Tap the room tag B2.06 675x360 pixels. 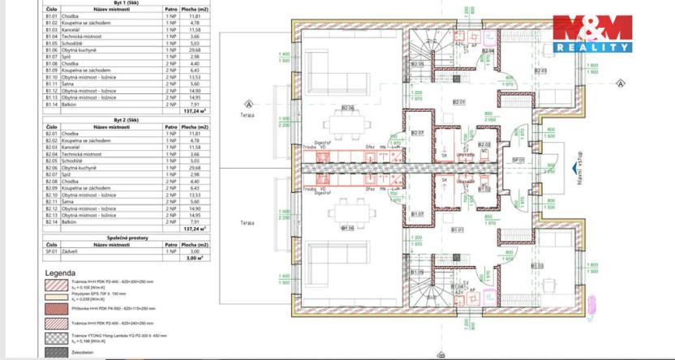348,108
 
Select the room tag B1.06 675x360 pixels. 348,228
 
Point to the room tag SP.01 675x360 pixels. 516,161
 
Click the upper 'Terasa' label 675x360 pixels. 247,115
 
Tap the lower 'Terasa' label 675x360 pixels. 247,221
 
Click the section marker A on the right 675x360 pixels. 621,83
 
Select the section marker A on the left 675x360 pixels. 249,103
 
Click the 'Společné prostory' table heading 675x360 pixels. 111,238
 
